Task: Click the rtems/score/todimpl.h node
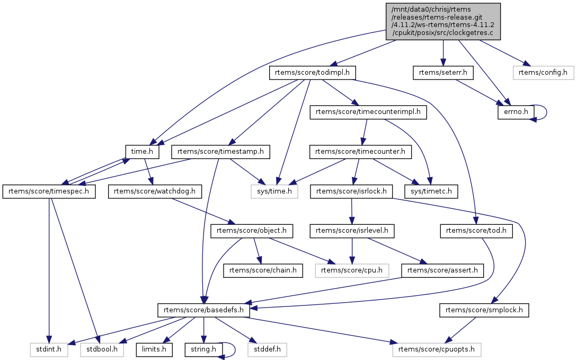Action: (x=312, y=73)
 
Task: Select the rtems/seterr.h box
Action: (x=443, y=73)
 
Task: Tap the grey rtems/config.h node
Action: (x=543, y=73)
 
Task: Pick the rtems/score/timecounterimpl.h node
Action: (x=368, y=112)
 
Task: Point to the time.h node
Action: (x=143, y=152)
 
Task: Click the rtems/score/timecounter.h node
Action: (x=360, y=152)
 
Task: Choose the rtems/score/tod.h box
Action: (x=476, y=231)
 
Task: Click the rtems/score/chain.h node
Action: (x=263, y=270)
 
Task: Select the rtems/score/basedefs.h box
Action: (x=204, y=310)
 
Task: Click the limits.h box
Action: (x=154, y=349)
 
